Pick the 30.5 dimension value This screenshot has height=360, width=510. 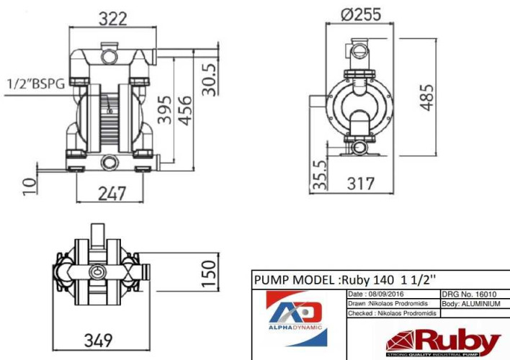click(208, 77)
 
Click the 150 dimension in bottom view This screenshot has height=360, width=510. click(207, 274)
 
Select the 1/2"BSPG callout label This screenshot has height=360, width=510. click(35, 84)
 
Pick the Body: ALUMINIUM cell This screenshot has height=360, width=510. click(470, 304)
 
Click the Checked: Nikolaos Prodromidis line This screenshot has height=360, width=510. click(393, 313)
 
